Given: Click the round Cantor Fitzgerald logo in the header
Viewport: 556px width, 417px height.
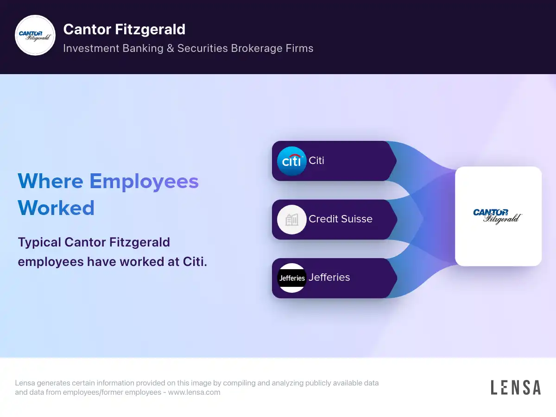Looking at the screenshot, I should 35,36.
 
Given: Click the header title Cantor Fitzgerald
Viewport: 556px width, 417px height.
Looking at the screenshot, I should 124,30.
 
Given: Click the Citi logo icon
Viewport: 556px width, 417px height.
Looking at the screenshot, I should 292,161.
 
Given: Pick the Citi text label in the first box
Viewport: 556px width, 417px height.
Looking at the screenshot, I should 316,161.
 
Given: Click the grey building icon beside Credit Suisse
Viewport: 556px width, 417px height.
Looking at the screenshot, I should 292,220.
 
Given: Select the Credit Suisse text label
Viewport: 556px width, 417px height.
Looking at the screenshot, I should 341,219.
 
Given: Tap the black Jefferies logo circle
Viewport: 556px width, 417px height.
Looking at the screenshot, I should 292,278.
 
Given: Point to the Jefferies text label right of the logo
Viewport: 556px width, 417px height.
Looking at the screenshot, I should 329,278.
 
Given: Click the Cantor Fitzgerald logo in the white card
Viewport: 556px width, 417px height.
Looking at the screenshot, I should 498,216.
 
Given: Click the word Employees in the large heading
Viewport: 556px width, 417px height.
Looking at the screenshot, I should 144,181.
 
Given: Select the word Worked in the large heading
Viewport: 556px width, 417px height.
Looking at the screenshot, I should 56,208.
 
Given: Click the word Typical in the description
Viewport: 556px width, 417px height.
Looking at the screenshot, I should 39,242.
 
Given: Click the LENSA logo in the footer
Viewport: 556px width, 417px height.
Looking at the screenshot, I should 515,387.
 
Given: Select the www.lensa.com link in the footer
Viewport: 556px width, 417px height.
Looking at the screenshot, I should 194,392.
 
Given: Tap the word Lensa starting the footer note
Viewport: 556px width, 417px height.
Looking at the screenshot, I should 26,383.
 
